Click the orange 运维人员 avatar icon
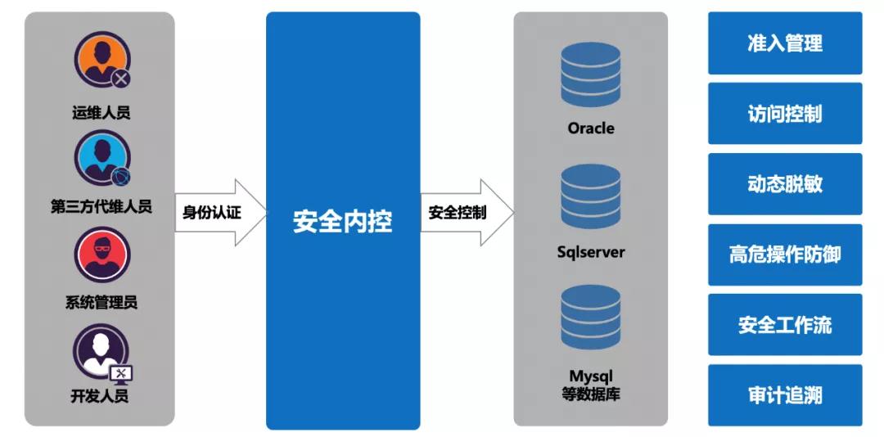pyautogui.click(x=101, y=60)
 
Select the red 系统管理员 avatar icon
pyautogui.click(x=101, y=255)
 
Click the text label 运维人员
pyautogui.click(x=101, y=112)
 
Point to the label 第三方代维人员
pyautogui.click(x=101, y=206)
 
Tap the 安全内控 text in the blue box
pyautogui.click(x=342, y=221)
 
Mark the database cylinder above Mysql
pyautogui.click(x=591, y=318)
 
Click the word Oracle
pyautogui.click(x=591, y=128)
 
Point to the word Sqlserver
pyautogui.click(x=591, y=252)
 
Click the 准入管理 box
pyautogui.click(x=784, y=43)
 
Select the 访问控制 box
pyautogui.click(x=784, y=114)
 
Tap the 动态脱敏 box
pyautogui.click(x=784, y=184)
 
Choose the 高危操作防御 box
pyautogui.click(x=784, y=255)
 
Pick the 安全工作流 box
pyautogui.click(x=784, y=325)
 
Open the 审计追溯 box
pyautogui.click(x=784, y=395)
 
